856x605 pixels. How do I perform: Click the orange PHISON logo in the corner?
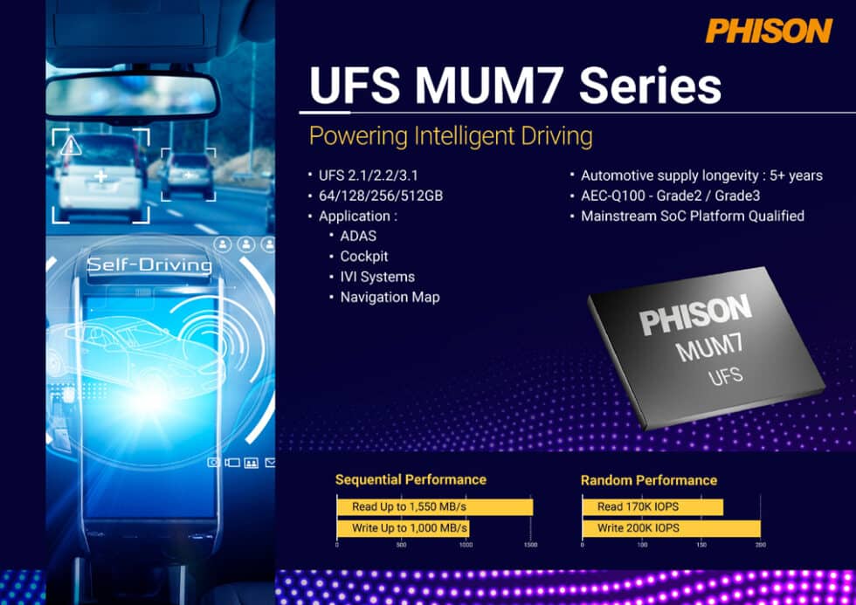point(769,31)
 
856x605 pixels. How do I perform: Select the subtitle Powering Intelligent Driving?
point(451,136)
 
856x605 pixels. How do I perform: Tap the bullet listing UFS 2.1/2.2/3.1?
point(367,175)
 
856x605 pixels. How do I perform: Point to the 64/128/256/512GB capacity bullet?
point(381,196)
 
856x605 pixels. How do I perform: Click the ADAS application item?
point(359,236)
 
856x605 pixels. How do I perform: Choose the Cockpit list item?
point(364,257)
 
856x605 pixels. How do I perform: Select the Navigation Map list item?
point(390,297)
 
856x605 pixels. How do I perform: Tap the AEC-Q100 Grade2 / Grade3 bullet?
point(671,196)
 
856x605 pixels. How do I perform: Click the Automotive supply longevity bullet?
point(701,175)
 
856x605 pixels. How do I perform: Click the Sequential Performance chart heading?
point(411,479)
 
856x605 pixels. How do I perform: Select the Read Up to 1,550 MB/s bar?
point(434,506)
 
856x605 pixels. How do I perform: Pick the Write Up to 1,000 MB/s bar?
point(403,528)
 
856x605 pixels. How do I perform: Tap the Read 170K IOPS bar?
point(652,506)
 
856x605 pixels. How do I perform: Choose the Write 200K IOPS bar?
point(671,528)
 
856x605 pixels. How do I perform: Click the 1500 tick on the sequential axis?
point(530,545)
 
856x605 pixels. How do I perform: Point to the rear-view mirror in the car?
point(132,94)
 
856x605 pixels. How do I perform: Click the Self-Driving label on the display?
point(149,265)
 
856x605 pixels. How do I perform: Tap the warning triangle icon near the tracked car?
point(71,144)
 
